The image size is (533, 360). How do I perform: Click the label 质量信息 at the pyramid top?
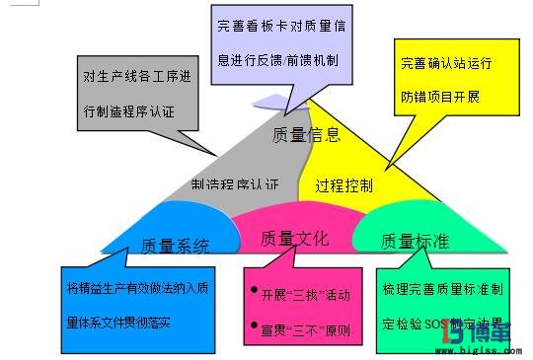307,135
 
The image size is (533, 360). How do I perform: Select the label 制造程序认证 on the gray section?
235,184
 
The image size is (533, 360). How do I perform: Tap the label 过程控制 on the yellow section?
344,184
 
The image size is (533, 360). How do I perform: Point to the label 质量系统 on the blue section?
177,246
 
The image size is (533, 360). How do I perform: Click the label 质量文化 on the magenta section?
294,239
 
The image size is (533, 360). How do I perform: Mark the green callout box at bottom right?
443,309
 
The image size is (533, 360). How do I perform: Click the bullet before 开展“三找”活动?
255,294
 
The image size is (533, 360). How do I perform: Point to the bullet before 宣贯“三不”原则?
255,324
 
